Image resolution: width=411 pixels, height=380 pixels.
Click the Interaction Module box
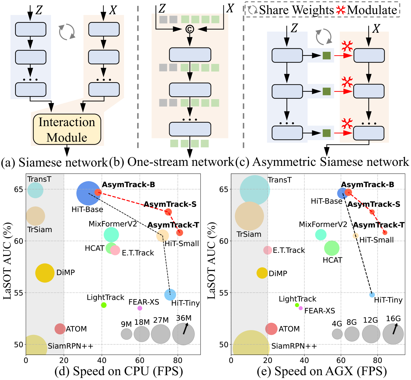pyautogui.click(x=67, y=129)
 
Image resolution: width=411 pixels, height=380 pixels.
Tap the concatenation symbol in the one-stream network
pyautogui.click(x=190, y=29)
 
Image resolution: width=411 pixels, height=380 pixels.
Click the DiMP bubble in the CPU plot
pyautogui.click(x=45, y=273)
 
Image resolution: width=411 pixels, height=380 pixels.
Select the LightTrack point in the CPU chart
pyautogui.click(x=104, y=305)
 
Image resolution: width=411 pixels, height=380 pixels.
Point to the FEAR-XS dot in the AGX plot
pyautogui.click(x=301, y=308)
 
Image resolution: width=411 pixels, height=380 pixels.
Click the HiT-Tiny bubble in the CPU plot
pyautogui.click(x=170, y=295)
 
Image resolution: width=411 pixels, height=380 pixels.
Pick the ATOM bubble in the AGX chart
pyautogui.click(x=271, y=329)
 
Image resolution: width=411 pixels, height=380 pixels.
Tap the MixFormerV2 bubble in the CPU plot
pyautogui.click(x=111, y=235)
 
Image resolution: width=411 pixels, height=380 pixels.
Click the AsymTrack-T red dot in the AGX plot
pyautogui.click(x=385, y=232)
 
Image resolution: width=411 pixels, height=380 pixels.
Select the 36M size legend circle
pyautogui.click(x=183, y=334)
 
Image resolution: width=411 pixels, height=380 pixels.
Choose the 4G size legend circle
pyautogui.click(x=337, y=334)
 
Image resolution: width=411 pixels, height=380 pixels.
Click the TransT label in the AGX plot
pyautogui.click(x=280, y=180)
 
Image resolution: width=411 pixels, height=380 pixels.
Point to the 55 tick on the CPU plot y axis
pyautogui.click(x=19, y=293)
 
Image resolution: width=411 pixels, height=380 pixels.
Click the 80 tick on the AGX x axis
pyautogui.click(x=377, y=360)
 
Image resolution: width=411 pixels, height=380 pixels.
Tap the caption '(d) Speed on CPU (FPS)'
pyautogui.click(x=119, y=371)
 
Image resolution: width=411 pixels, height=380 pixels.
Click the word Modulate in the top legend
pyautogui.click(x=372, y=10)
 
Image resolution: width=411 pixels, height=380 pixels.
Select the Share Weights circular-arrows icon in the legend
pyautogui.click(x=253, y=10)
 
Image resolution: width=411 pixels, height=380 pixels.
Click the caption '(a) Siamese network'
pyautogui.click(x=55, y=162)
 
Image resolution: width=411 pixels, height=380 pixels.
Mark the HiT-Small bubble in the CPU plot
pyautogui.click(x=163, y=236)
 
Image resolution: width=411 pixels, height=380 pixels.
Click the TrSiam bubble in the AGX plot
pyautogui.click(x=249, y=216)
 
